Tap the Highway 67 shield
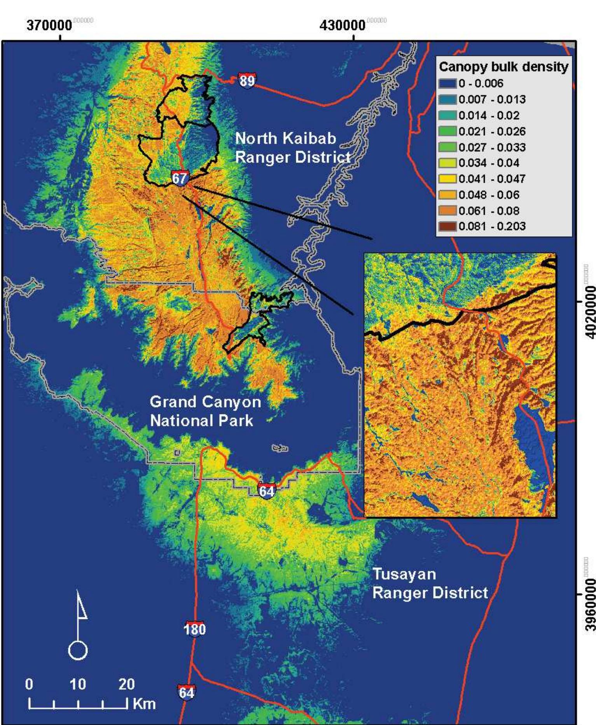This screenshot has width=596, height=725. point(180,178)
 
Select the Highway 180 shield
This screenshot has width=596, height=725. point(194,629)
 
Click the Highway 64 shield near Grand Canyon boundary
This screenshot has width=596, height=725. point(267,491)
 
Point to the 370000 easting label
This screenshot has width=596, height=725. point(49,26)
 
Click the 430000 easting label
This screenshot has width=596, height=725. point(343,26)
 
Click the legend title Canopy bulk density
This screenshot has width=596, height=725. point(503,67)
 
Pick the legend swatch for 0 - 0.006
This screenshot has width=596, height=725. point(447,83)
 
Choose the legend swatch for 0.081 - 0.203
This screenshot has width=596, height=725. point(447,226)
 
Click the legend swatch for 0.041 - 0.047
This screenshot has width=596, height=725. point(447,179)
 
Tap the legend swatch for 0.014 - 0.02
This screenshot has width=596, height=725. point(447,115)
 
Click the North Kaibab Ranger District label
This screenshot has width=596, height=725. point(292,148)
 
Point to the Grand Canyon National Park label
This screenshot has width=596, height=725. point(205,411)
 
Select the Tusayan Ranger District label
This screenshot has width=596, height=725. point(430,583)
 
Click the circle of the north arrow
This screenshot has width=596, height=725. point(78,650)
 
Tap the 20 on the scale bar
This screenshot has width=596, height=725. point(126,684)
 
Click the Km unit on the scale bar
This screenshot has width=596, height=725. point(144,704)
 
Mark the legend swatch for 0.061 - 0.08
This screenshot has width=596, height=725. point(447,211)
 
